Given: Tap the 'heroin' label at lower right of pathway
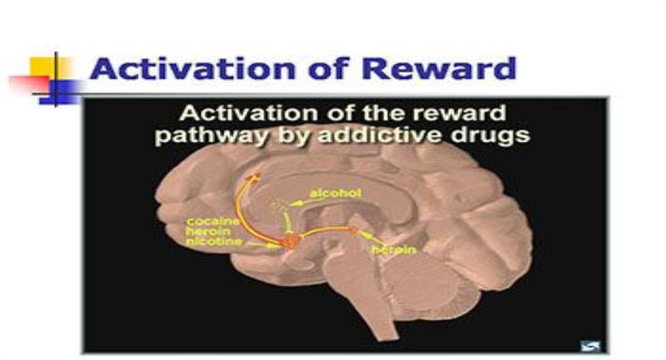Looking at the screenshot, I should [x=393, y=250].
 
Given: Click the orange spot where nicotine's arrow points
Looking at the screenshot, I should [x=290, y=243].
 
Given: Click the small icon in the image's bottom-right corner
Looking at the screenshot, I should [x=589, y=345].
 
